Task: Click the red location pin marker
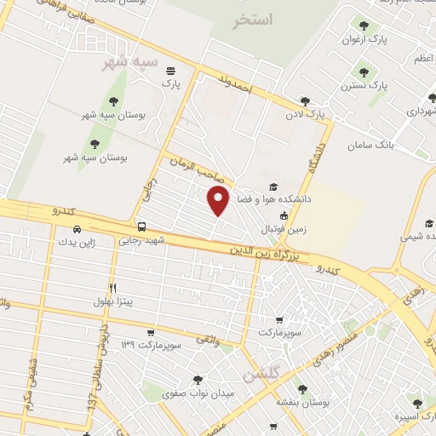(219, 201)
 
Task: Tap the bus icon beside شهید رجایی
(141, 227)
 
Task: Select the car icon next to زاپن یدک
(77, 229)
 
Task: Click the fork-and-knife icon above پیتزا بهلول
(112, 288)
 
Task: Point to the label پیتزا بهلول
(113, 301)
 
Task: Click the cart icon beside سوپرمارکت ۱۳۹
(151, 332)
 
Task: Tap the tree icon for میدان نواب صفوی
(198, 380)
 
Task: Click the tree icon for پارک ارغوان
(364, 26)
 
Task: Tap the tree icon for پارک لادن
(305, 100)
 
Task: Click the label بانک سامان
(374, 145)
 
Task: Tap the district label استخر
(253, 19)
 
